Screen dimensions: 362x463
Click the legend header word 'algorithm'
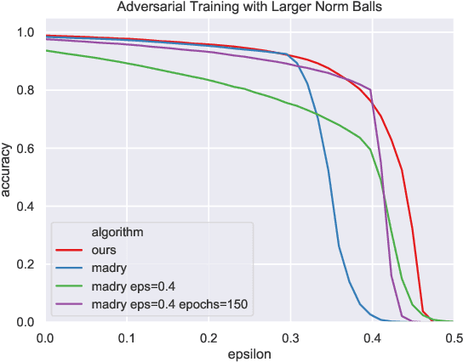point(117,231)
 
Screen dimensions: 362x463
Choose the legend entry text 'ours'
point(104,250)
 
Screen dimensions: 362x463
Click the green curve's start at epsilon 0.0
point(47,51)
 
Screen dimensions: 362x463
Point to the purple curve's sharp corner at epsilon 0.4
point(371,90)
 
